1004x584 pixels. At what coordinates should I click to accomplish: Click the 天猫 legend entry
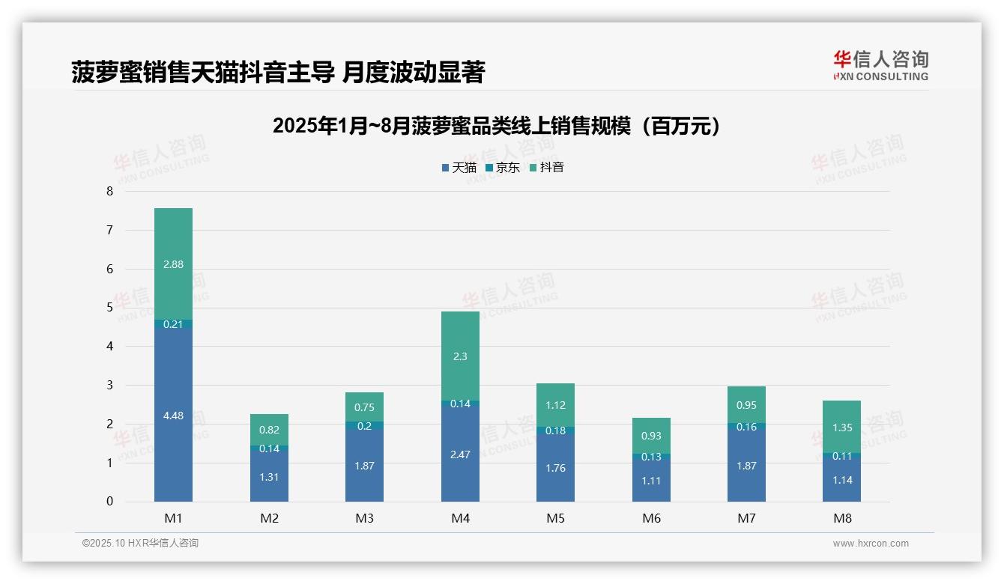click(459, 168)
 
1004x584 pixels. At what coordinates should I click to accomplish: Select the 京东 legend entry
click(503, 168)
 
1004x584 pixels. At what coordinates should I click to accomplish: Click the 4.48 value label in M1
click(173, 416)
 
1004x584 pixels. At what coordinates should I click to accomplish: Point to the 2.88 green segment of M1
click(173, 264)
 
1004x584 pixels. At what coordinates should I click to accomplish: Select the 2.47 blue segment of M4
click(460, 454)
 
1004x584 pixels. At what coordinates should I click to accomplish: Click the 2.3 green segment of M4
click(460, 356)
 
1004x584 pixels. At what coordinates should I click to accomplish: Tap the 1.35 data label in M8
click(842, 428)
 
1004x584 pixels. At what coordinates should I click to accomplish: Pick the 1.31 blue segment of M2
click(269, 477)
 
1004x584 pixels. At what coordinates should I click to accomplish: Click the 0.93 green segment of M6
click(651, 436)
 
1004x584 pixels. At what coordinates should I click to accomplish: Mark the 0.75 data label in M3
click(364, 407)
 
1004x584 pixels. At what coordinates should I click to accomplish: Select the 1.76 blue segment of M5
click(555, 469)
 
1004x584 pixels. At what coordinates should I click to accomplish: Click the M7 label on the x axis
click(746, 518)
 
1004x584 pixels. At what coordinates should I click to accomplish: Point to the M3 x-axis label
click(364, 518)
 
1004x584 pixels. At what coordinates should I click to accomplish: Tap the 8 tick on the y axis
click(109, 192)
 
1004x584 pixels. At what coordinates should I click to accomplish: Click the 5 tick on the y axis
click(109, 308)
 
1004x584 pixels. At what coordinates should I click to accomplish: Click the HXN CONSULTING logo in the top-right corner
click(880, 66)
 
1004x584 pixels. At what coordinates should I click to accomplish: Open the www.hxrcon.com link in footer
click(871, 544)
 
